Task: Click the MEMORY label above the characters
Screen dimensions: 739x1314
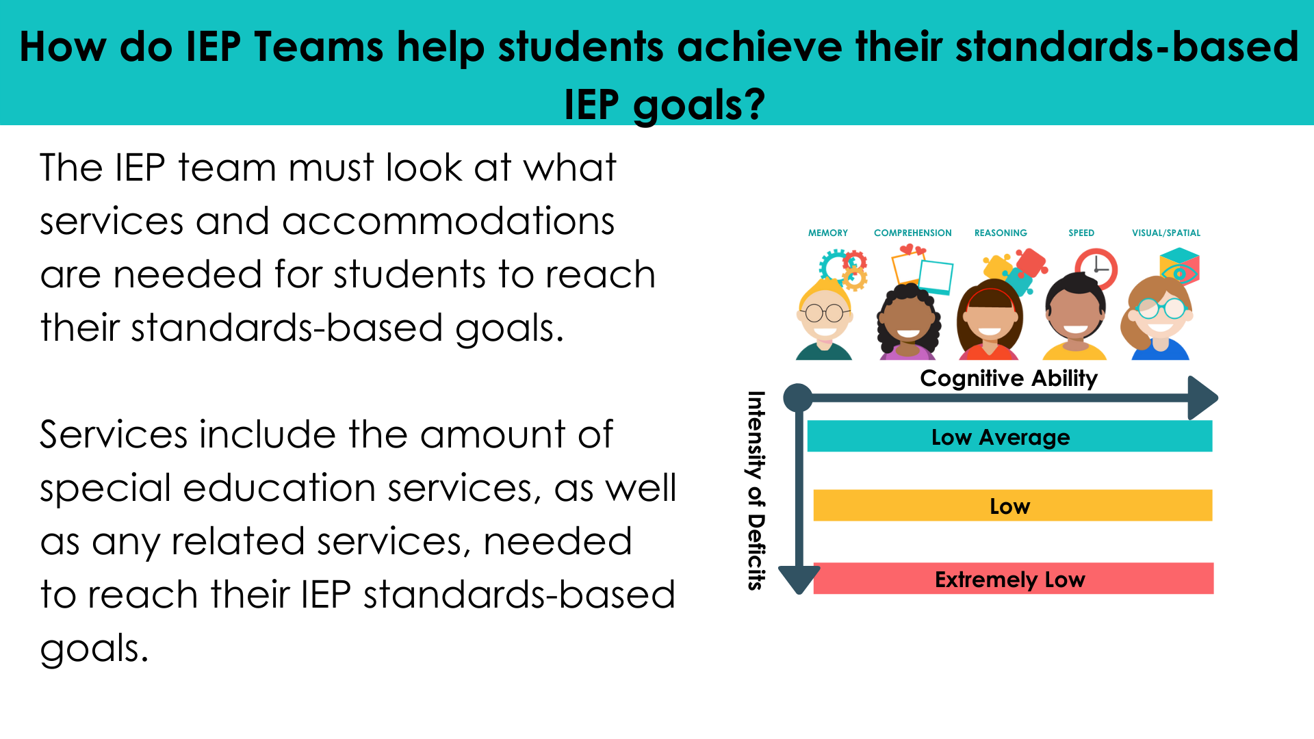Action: (827, 233)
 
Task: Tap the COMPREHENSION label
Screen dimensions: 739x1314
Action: (912, 233)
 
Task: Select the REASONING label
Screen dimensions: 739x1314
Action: (1001, 233)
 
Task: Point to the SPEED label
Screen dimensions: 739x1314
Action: (1081, 233)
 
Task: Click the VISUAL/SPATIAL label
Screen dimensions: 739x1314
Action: (1166, 233)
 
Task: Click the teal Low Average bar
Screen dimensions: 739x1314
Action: (1009, 437)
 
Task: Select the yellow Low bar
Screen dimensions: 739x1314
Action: (1012, 506)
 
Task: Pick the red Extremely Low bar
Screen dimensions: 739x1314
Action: (1013, 579)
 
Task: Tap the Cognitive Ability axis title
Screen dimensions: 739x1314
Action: (1008, 378)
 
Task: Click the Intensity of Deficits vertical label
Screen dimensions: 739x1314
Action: (756, 490)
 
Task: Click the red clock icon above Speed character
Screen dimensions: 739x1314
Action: (1096, 268)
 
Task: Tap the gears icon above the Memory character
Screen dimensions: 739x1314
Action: (845, 269)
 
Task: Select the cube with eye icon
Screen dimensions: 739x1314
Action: (1179, 267)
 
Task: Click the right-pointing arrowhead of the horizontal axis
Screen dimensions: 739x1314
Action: (1202, 398)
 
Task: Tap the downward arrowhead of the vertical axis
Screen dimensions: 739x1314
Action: (799, 579)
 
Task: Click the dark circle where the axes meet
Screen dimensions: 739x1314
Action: (798, 398)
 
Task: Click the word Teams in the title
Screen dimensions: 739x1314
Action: (318, 47)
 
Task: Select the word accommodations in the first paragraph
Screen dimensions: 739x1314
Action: (448, 222)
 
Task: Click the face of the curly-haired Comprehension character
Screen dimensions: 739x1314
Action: (908, 322)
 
